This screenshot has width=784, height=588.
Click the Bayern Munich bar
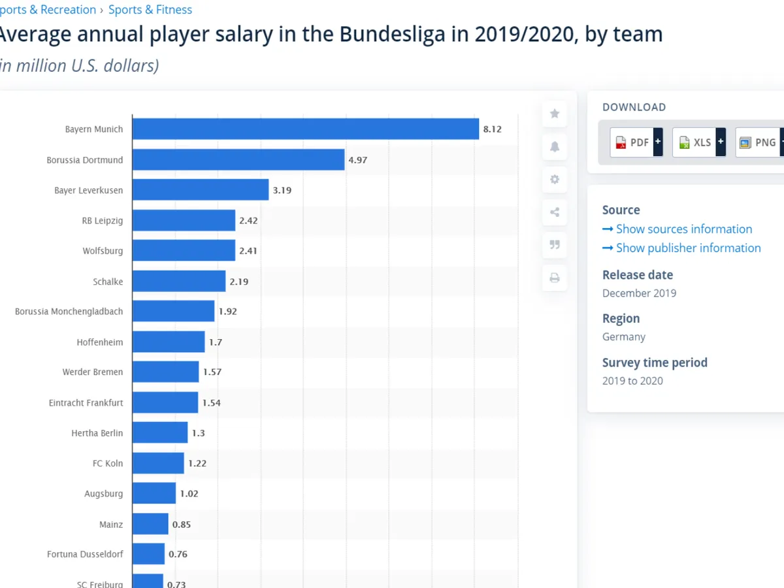pyautogui.click(x=305, y=129)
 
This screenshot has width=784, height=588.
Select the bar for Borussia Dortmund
pyautogui.click(x=238, y=159)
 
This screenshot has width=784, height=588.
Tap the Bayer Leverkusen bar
pyautogui.click(x=200, y=190)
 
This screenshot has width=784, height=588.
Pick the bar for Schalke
pyautogui.click(x=178, y=281)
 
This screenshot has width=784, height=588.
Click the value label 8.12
pyautogui.click(x=492, y=129)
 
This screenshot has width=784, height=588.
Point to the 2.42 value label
pyautogui.click(x=248, y=221)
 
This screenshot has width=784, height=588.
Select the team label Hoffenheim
pyautogui.click(x=99, y=342)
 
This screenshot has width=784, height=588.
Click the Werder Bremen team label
pyautogui.click(x=92, y=372)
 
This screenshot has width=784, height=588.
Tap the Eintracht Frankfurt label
pyautogui.click(x=86, y=402)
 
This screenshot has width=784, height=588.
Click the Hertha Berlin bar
pyautogui.click(x=159, y=433)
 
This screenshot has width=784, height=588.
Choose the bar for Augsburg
pyautogui.click(x=154, y=493)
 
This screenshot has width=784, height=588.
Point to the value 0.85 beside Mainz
pyautogui.click(x=181, y=524)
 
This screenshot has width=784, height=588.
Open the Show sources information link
pyautogui.click(x=683, y=229)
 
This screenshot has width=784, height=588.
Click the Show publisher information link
pyautogui.click(x=688, y=248)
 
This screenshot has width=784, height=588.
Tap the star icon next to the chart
pyautogui.click(x=555, y=114)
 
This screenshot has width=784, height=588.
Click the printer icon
pyautogui.click(x=555, y=278)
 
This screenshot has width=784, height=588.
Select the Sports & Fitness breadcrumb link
pyautogui.click(x=150, y=10)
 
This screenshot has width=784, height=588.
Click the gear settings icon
pyautogui.click(x=555, y=179)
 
